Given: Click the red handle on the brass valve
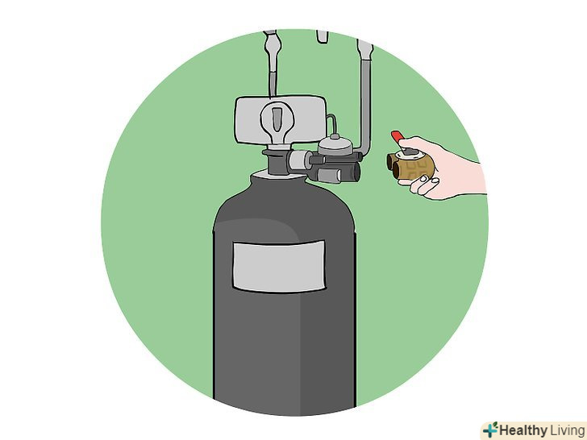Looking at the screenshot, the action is (x=398, y=136).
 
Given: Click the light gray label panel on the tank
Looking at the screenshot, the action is (x=279, y=266).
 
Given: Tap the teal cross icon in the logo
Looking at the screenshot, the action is (x=490, y=430).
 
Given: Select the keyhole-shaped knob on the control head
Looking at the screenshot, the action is (x=277, y=122).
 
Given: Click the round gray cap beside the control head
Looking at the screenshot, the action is (x=335, y=145).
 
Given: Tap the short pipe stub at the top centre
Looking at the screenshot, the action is (x=323, y=37).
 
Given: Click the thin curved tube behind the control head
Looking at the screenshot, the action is (x=331, y=124).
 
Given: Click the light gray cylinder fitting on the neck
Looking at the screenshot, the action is (x=299, y=160).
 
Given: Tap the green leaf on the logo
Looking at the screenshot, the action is (x=495, y=425).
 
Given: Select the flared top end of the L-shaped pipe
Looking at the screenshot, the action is (x=364, y=48).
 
